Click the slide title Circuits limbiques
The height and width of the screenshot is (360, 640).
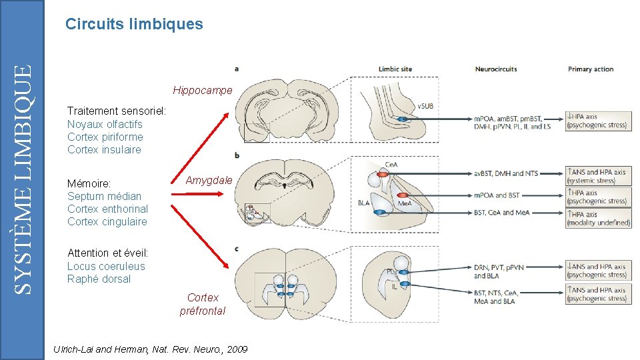click(134, 25)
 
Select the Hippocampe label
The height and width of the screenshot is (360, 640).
click(203, 90)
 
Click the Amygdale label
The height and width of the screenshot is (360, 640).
click(209, 180)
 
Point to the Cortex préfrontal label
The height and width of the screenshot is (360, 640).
click(203, 304)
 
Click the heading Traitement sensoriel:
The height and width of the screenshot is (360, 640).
click(117, 111)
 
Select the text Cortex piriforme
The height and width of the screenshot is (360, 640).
click(105, 137)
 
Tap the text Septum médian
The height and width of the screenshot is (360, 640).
click(104, 196)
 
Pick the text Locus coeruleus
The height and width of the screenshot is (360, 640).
click(106, 266)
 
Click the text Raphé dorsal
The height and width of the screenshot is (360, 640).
click(99, 279)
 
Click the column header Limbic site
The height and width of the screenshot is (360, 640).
click(395, 69)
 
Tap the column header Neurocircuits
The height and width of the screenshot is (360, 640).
click(495, 69)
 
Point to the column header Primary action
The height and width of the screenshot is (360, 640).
click(590, 69)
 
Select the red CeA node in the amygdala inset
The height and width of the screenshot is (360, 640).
click(381, 173)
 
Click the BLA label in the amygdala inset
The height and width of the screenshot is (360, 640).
click(363, 203)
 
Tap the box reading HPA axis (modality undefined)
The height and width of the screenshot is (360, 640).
click(598, 218)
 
